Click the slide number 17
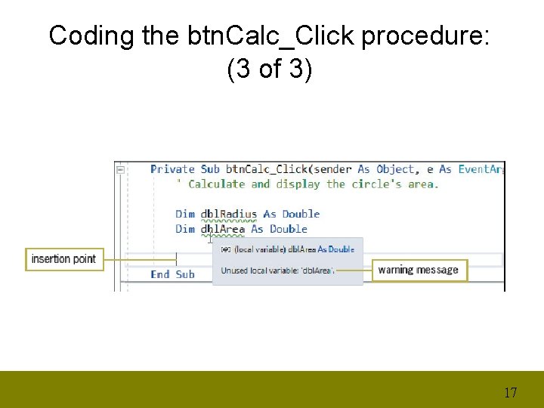click(511, 392)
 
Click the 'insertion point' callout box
click(64, 259)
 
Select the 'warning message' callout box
click(418, 270)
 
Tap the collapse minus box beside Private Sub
click(120, 170)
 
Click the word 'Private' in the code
click(172, 169)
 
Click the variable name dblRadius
click(228, 214)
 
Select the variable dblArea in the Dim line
click(222, 229)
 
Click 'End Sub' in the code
click(172, 274)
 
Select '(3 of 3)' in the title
click(270, 69)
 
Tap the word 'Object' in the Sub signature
click(395, 169)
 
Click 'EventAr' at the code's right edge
click(481, 169)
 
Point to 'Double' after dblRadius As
click(301, 214)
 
